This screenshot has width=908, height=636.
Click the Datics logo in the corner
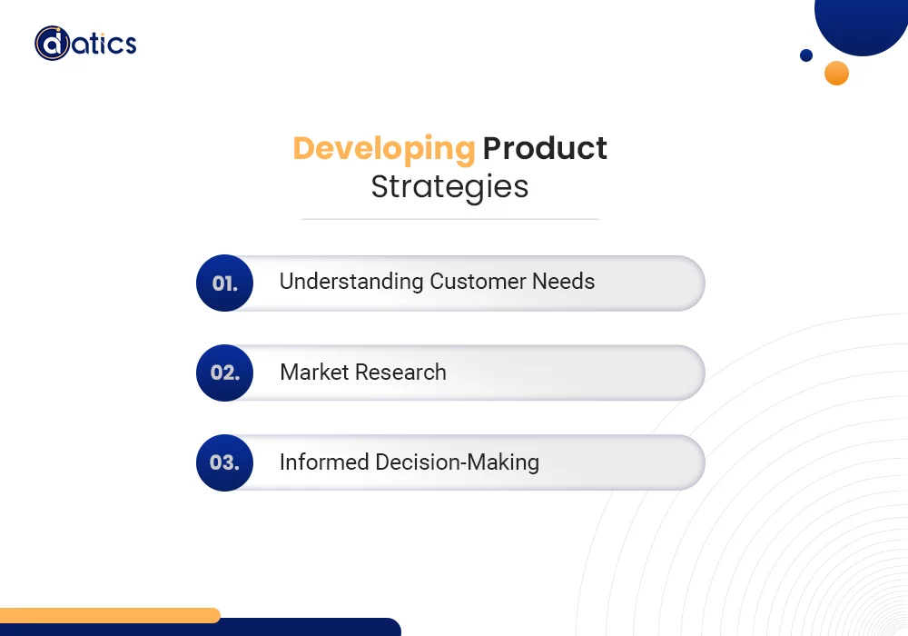point(85,43)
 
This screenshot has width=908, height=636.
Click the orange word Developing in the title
point(384,149)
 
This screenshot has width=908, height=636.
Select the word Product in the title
point(545,148)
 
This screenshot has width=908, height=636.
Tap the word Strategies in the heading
point(450,187)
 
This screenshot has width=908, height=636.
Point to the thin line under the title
point(450,220)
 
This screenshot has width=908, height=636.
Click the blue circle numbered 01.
point(224,283)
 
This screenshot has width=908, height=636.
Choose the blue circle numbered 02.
point(224,373)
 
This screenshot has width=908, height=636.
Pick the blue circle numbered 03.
point(224,462)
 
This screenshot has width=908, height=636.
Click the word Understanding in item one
point(351,282)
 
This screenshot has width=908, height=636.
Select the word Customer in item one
point(478,282)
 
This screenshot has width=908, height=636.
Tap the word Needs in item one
point(564,282)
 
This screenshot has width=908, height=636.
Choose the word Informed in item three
point(324,462)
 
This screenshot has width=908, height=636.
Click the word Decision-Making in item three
point(458,462)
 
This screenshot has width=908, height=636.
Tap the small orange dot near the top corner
point(837,73)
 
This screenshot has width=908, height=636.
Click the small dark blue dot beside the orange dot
point(806,55)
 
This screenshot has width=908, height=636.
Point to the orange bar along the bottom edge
point(110,615)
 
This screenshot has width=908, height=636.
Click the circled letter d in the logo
point(52,43)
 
